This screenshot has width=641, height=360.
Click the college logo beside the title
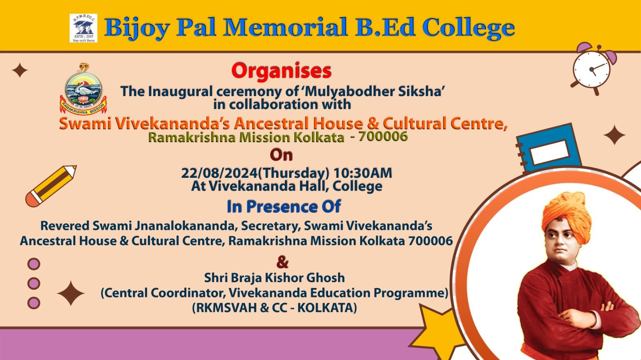[83, 28]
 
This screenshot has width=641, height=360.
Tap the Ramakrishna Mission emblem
[83, 89]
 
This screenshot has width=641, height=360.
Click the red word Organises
[281, 71]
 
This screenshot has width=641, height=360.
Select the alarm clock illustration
[594, 68]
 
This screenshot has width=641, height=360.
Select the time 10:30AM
[363, 173]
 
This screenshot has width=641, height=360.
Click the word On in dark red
[281, 155]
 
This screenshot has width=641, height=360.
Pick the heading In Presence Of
[284, 206]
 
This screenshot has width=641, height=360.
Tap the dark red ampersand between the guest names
[282, 262]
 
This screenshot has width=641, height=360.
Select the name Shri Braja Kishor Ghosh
[274, 278]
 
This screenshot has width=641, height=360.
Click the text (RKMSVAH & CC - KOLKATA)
[274, 308]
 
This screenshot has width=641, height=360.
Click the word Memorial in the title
[285, 28]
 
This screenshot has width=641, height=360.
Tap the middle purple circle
[34, 284]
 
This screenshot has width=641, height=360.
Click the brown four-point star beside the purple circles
[71, 293]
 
